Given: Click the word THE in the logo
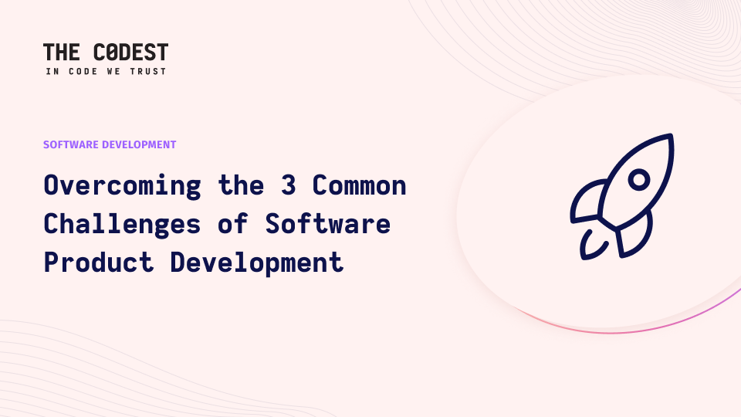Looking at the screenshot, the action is pos(62,52).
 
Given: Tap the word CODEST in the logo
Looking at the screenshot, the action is pos(131,52).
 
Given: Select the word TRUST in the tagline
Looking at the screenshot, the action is pos(148,71).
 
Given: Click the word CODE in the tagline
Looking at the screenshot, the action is pos(83,71).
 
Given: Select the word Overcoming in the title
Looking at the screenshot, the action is pos(123,186).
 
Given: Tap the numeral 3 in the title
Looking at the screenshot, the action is pos(288,185).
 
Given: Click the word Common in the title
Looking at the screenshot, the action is pos(359,185).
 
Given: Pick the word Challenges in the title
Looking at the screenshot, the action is pos(123,224).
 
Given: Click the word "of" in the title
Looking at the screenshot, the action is pos(233,223).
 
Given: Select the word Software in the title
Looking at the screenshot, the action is pos(328,223).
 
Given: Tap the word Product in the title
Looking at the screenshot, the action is pos(99,263).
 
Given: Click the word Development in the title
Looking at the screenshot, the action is pos(256,263).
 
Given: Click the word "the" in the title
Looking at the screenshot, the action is pos(241,185).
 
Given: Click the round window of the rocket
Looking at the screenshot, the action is pos(639,180).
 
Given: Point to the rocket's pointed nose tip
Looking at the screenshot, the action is pos(671,136).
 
